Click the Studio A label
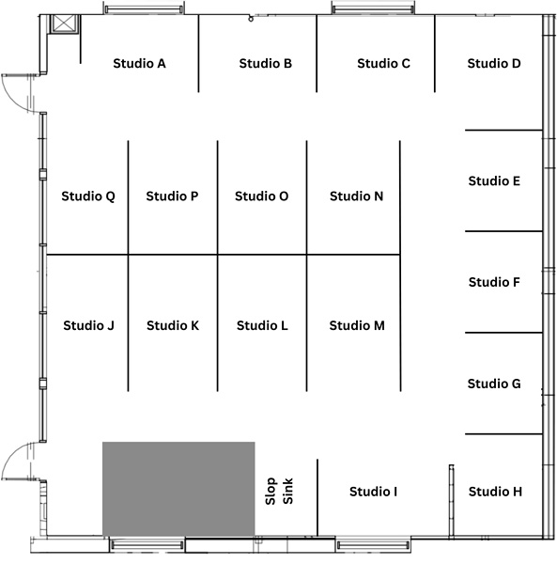pyautogui.click(x=139, y=63)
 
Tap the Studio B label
pyautogui.click(x=266, y=63)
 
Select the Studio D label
pyautogui.click(x=494, y=63)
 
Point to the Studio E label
pyautogui.click(x=494, y=180)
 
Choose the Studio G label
pyautogui.click(x=494, y=384)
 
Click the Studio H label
pyautogui.click(x=495, y=492)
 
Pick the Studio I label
pyautogui.click(x=374, y=492)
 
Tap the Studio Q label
pyautogui.click(x=88, y=196)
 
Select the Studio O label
pyautogui.click(x=262, y=196)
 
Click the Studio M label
pyautogui.click(x=357, y=325)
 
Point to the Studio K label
pyautogui.click(x=173, y=325)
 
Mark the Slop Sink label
pyautogui.click(x=279, y=492)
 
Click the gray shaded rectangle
pyautogui.click(x=178, y=489)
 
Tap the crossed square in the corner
pyautogui.click(x=64, y=23)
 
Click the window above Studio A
pyautogui.click(x=144, y=9)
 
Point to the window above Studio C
pyautogui.click(x=373, y=9)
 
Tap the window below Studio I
pyautogui.click(x=374, y=545)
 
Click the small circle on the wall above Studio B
pyautogui.click(x=251, y=19)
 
